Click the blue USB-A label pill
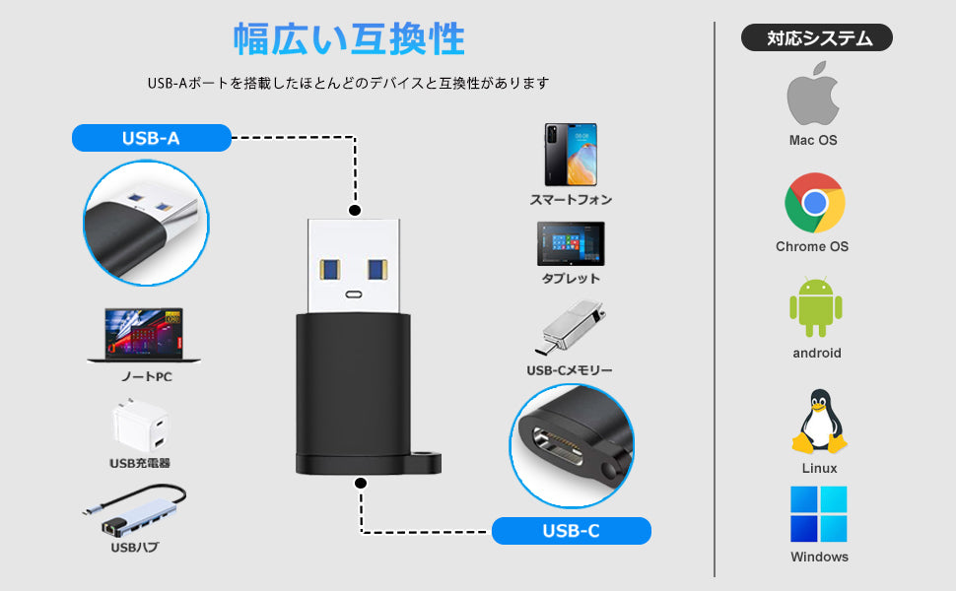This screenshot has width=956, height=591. [x=151, y=138]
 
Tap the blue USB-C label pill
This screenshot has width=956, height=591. [x=571, y=531]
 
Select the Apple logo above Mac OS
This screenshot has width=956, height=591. [x=813, y=96]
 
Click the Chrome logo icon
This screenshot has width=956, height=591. [x=814, y=203]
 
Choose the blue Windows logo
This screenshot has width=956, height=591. [x=819, y=514]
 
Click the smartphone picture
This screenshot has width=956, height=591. [x=571, y=155]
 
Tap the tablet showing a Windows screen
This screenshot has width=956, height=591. [x=571, y=243]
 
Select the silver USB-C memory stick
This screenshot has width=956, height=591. [x=569, y=329]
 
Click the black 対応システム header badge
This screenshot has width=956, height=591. [x=816, y=38]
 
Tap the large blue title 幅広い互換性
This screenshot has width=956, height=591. [x=349, y=39]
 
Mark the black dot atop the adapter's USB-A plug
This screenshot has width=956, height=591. [x=355, y=210]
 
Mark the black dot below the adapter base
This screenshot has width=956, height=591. [x=361, y=484]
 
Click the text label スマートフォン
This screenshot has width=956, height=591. [x=571, y=200]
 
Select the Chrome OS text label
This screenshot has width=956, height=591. [x=812, y=246]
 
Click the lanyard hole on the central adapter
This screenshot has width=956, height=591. [x=428, y=460]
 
